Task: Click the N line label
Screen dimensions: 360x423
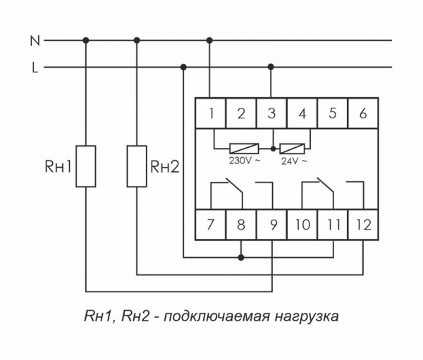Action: (33, 41)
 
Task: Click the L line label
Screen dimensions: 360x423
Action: (33, 68)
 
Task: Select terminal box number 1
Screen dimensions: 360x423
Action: (210, 113)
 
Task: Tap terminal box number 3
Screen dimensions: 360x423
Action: (271, 113)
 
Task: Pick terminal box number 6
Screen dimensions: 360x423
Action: (362, 113)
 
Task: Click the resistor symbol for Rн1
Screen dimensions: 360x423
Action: (86, 166)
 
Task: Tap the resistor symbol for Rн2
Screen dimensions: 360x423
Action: (137, 166)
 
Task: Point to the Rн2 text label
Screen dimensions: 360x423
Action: (165, 167)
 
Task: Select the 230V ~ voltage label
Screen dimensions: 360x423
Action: (245, 161)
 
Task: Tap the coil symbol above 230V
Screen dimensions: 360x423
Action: (244, 149)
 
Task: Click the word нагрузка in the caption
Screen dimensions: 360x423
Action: (309, 316)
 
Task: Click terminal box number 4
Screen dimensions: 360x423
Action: (302, 113)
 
